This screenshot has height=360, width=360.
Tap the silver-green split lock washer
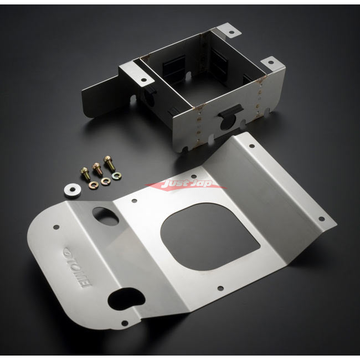[117, 176]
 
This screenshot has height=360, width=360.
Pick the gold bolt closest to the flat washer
[84, 173]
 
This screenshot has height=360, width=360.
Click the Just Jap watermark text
[186, 183]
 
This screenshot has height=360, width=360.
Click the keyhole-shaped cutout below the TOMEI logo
[126, 299]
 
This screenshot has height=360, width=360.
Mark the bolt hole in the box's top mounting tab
[231, 33]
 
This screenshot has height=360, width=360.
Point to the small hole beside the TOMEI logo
[56, 227]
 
